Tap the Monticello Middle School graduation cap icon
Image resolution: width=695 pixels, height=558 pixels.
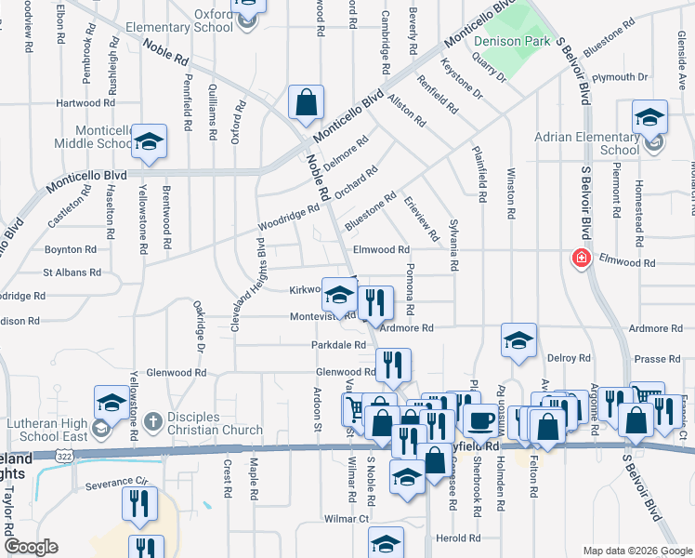148,141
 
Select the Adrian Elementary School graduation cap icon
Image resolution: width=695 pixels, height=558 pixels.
649,117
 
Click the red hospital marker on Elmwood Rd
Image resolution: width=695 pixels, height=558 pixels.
582,257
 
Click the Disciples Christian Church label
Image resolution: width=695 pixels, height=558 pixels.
216,423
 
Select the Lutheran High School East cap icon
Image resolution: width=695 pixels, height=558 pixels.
111,403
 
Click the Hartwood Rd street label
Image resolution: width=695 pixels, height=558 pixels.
84,103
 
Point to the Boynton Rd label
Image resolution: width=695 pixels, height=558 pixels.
71,250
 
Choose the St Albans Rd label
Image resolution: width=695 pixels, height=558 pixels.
72,272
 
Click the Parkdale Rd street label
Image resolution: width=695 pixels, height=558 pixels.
338,345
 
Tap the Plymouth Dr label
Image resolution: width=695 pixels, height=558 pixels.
621,77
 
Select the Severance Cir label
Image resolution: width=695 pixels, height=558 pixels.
117,484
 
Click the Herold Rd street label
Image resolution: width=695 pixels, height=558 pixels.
461,538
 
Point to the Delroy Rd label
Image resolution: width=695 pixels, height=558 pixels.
570,358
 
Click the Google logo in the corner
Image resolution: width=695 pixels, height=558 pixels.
32,547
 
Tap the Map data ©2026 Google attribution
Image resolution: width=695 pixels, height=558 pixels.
637,551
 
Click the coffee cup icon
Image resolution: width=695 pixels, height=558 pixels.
479,419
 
